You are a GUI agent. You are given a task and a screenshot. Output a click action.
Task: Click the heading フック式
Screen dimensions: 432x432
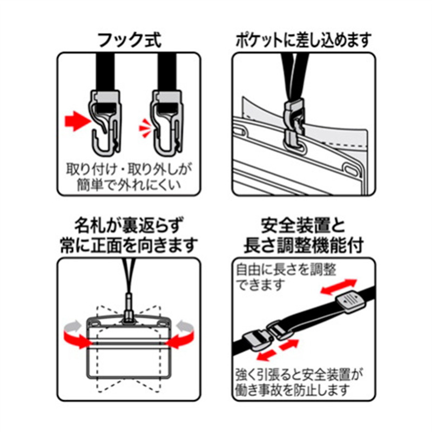(x=130, y=41)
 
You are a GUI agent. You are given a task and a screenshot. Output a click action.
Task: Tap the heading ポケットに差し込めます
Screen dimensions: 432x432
(x=303, y=41)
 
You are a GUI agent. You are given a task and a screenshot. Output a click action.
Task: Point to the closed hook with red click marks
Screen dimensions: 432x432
(x=167, y=123)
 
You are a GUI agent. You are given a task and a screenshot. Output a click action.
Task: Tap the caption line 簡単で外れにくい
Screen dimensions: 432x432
(x=129, y=185)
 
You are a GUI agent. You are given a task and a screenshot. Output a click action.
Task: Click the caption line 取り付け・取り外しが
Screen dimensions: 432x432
(x=129, y=170)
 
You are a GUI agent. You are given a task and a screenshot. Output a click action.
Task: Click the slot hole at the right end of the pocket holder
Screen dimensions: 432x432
(x=349, y=168)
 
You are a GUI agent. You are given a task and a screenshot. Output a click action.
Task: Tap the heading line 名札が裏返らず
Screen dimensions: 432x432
(x=129, y=226)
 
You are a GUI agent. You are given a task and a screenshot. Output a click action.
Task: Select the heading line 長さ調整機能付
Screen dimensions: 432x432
(x=303, y=245)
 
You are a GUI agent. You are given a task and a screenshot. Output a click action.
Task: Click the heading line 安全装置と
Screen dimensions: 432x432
(x=303, y=226)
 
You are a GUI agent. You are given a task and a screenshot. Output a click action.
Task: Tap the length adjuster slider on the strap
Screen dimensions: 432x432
(x=350, y=302)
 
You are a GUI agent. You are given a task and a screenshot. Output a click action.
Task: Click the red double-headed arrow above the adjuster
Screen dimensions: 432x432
(x=339, y=287)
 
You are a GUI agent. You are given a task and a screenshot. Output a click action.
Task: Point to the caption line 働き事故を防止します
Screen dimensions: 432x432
(x=293, y=390)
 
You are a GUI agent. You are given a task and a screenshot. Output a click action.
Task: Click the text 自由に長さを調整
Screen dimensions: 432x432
(x=286, y=269)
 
